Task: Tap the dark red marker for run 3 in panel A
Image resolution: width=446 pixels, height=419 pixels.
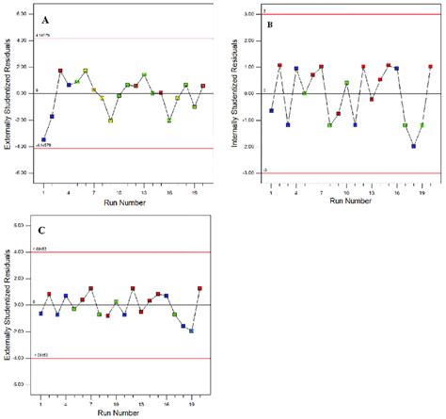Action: [60, 71]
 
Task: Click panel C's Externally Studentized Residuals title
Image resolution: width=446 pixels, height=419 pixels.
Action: [8, 306]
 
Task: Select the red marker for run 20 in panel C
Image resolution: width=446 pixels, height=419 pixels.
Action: [199, 289]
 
